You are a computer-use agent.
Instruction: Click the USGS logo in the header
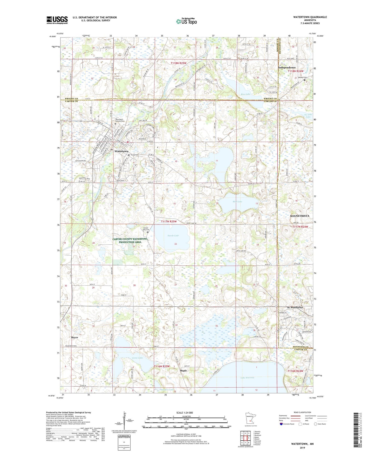pos(57,20)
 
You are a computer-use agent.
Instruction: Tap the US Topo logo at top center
pos(186,21)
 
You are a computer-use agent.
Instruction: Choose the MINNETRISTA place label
pos(300,216)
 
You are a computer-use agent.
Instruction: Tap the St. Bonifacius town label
pos(295,307)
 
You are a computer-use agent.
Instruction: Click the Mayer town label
pos(74,338)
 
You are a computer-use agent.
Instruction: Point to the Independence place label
pos(287,67)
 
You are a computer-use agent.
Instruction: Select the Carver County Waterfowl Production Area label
pos(130,241)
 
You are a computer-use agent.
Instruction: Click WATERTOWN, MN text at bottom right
pos(302,444)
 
